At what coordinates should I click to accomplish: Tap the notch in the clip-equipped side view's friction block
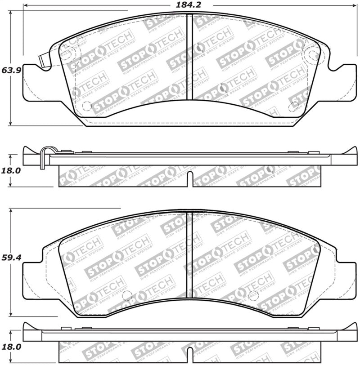pos(189,178)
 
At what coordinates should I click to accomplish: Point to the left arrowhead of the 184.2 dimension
pos(26,5)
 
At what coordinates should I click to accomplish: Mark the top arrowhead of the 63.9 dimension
pos(10,11)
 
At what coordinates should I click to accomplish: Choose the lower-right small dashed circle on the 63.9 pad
pos(293,107)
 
